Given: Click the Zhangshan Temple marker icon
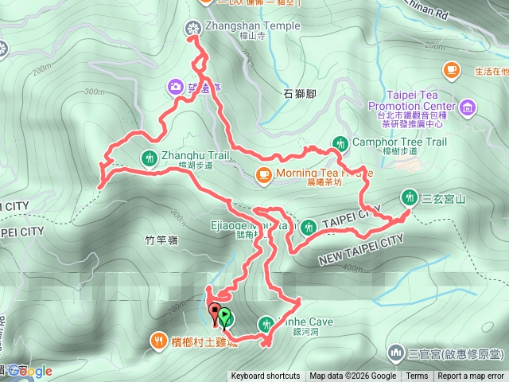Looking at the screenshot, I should point(192,29).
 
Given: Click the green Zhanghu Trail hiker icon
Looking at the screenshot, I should point(149,156).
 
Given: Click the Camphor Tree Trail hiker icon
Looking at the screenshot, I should point(340,143).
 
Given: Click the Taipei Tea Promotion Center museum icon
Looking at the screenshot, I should point(467,107).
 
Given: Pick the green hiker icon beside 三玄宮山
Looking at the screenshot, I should point(410,196).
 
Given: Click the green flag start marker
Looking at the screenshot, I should point(225,318).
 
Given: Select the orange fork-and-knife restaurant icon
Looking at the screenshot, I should point(157,342).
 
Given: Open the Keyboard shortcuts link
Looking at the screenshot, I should point(266,376).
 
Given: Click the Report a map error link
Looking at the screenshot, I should point(472,376).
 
